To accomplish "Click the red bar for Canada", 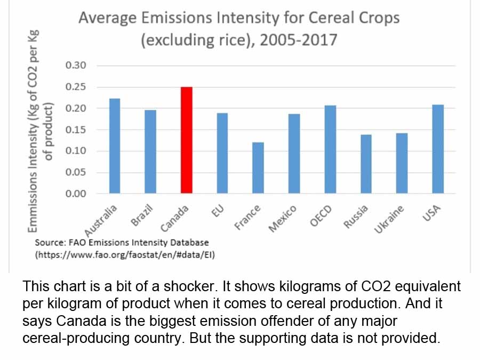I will (x=187, y=140).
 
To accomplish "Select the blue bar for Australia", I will (x=115, y=146).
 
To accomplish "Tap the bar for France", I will (x=258, y=167).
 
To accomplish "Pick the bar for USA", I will (x=438, y=149).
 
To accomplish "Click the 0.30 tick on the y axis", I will (x=76, y=66).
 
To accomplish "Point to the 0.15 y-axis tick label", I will (x=76, y=130).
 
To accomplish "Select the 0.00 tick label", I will (x=76, y=194).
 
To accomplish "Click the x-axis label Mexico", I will (x=282, y=219).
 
